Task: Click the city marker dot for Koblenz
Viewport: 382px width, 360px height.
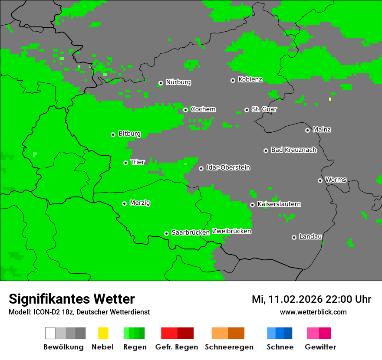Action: tap(233, 80)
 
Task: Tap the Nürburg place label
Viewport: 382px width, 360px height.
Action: tap(178, 82)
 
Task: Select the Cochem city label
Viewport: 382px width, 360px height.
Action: tap(203, 109)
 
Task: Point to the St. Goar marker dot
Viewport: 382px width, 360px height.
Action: tap(247, 110)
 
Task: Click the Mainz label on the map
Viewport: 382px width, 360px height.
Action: tap(322, 130)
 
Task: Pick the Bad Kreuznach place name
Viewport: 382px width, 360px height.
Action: tap(293, 150)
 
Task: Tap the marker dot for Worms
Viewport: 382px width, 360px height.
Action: tap(320, 180)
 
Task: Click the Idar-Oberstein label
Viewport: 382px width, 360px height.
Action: tap(228, 167)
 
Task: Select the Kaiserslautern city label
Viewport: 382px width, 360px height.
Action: tap(279, 204)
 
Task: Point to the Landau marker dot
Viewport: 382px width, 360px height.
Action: tap(294, 237)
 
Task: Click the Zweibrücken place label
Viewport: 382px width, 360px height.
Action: tap(231, 231)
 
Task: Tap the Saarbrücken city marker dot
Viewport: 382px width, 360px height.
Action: tap(166, 233)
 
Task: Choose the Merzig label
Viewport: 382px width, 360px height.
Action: tap(140, 203)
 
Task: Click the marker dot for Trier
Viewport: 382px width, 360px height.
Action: tap(125, 163)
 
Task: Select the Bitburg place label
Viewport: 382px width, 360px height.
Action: tap(129, 134)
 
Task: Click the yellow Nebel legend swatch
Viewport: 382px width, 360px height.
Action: tap(103, 333)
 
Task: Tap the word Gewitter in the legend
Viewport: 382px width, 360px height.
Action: tap(320, 347)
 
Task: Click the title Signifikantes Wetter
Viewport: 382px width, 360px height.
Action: tap(72, 299)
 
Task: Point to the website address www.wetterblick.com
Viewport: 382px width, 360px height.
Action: tap(313, 312)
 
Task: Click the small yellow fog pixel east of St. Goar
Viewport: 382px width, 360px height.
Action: tap(330, 99)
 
